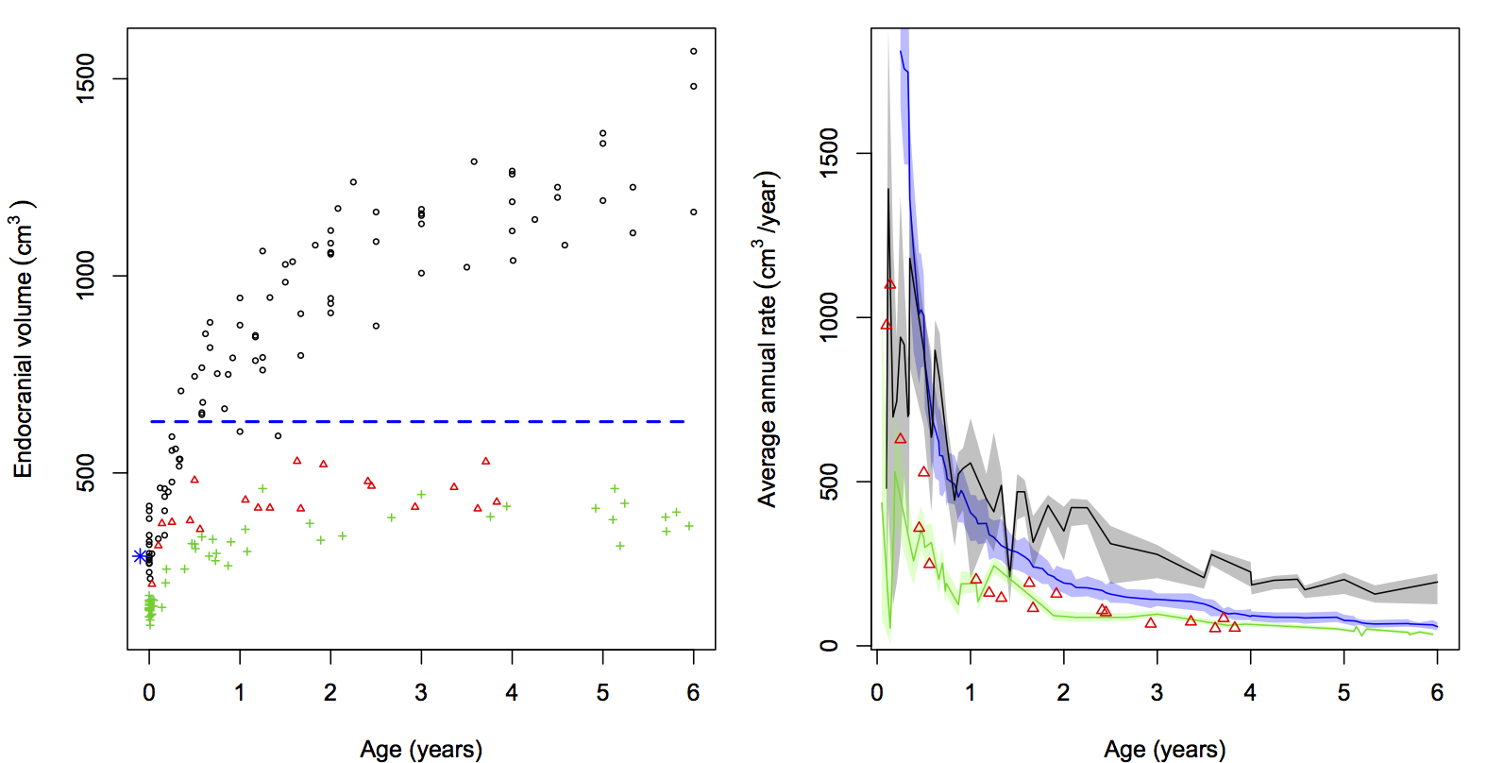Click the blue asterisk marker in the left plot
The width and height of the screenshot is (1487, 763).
(140, 556)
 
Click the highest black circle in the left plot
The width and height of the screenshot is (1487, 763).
(694, 52)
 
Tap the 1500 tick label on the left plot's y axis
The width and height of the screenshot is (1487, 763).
(86, 78)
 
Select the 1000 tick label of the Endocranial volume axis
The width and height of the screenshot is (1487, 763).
(86, 276)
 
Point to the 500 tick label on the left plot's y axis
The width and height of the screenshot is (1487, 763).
(86, 473)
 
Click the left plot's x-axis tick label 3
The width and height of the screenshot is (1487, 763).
(421, 693)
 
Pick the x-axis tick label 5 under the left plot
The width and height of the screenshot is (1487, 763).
(602, 693)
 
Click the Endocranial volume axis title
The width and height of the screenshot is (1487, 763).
(23, 340)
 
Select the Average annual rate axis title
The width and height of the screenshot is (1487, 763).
(767, 340)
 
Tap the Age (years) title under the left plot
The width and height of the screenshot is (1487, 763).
(421, 749)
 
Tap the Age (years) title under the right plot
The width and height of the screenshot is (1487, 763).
(1165, 749)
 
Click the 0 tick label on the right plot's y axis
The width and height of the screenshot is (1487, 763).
(829, 646)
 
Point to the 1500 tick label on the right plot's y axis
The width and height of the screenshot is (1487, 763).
(829, 153)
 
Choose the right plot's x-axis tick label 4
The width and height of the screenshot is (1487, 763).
(1250, 693)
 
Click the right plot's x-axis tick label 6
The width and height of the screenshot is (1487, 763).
(1437, 693)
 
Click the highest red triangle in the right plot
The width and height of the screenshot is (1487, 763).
(890, 284)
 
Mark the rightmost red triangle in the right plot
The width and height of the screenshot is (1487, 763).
(1235, 627)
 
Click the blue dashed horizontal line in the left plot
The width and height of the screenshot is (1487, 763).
(415, 421)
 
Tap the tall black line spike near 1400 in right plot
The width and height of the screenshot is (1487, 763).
(887, 194)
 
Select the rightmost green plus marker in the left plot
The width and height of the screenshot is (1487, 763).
(689, 526)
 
